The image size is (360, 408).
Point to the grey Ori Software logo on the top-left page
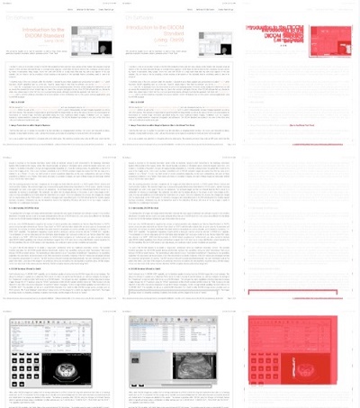tap(22, 17)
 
